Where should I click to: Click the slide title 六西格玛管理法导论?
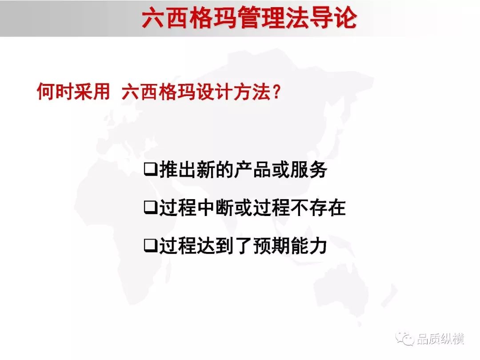(x=249, y=18)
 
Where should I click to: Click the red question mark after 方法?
(x=276, y=92)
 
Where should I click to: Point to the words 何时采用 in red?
(x=73, y=91)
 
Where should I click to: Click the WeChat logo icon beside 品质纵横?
(x=405, y=339)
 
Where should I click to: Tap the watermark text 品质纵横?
(x=440, y=339)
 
